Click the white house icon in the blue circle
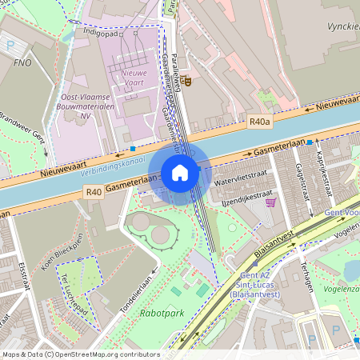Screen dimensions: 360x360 click(x=180, y=173)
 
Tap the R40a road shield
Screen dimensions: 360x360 click(x=259, y=122)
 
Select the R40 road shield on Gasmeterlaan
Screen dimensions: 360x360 click(x=94, y=192)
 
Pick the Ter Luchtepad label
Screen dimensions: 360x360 click(x=62, y=291)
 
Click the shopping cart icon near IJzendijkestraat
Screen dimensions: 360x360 click(x=271, y=202)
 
